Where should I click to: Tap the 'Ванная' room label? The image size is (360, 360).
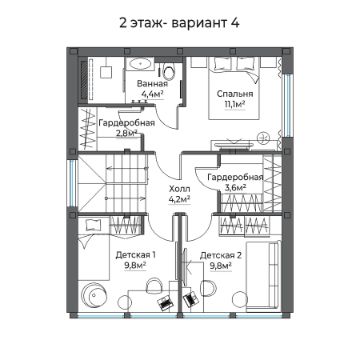[151, 83]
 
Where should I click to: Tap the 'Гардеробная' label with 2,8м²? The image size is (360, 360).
[126, 121]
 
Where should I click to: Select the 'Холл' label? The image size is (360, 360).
[179, 187]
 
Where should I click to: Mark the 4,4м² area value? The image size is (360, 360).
[151, 94]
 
